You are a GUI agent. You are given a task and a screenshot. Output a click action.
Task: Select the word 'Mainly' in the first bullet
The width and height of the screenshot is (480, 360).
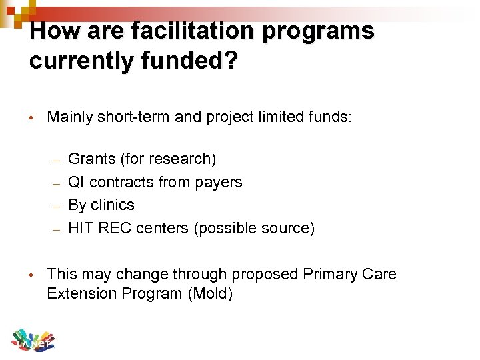[x=70, y=117]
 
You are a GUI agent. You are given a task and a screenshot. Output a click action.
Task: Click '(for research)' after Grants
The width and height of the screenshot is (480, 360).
[x=168, y=159]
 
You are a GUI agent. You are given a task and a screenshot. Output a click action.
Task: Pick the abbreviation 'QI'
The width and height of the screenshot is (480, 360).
[x=77, y=182]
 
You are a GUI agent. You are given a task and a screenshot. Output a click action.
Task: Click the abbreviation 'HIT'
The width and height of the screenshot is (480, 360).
[x=81, y=228]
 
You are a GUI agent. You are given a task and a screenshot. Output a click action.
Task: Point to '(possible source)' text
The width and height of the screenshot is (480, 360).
[x=254, y=228]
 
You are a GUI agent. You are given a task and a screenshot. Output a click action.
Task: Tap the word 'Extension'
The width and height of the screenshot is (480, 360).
[x=79, y=293]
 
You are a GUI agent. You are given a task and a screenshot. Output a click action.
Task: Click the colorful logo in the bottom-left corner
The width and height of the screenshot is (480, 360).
[x=32, y=339]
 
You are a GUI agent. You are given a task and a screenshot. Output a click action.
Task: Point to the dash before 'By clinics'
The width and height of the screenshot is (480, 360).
[x=57, y=206]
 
